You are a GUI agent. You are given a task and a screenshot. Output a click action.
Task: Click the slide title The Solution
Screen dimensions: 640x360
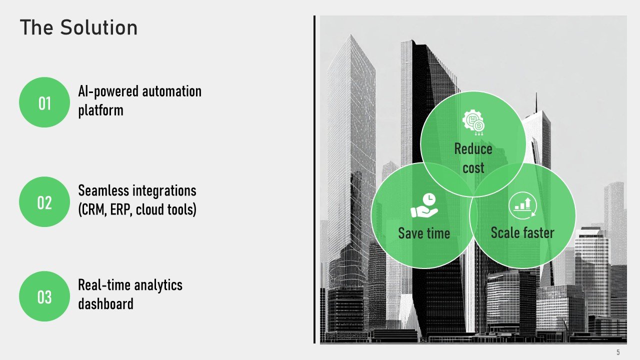pyautogui.click(x=78, y=27)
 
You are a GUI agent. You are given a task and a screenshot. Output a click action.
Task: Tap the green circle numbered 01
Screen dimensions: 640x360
pyautogui.click(x=44, y=102)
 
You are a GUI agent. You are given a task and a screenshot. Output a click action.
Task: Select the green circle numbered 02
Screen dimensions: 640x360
pyautogui.click(x=44, y=201)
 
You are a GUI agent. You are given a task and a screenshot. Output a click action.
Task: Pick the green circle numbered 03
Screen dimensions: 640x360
pyautogui.click(x=44, y=296)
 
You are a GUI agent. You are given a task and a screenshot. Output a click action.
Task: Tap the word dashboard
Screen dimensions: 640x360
pyautogui.click(x=105, y=303)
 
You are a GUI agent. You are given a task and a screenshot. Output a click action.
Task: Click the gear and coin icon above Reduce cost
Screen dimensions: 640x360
pyautogui.click(x=473, y=123)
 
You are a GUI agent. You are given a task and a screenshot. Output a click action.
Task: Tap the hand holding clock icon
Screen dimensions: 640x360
pyautogui.click(x=424, y=205)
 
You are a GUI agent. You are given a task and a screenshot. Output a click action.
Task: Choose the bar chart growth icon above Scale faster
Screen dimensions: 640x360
pyautogui.click(x=522, y=205)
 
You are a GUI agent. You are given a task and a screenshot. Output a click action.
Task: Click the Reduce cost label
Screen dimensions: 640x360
pyautogui.click(x=473, y=158)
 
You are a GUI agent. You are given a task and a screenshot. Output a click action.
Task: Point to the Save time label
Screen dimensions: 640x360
pyautogui.click(x=424, y=233)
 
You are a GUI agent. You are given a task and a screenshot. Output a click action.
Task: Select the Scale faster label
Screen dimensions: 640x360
pyautogui.click(x=522, y=232)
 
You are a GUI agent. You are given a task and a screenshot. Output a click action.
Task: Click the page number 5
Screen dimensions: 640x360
pyautogui.click(x=618, y=352)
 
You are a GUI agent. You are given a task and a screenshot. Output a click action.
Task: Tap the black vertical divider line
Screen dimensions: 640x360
pyautogui.click(x=314, y=179)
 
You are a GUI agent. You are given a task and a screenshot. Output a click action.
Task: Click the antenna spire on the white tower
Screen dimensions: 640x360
pyautogui.click(x=536, y=103)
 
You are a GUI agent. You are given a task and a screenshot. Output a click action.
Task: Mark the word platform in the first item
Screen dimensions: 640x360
pyautogui.click(x=100, y=110)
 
